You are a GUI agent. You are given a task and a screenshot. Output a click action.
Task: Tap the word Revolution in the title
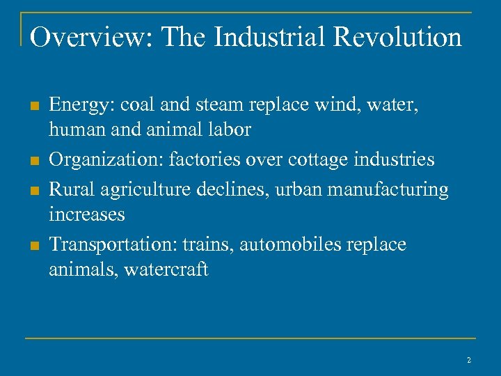[398, 37]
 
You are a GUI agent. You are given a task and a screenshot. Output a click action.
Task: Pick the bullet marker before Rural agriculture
[33, 190]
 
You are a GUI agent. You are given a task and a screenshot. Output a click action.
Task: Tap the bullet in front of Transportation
[33, 246]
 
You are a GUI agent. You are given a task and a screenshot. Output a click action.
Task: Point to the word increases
[87, 214]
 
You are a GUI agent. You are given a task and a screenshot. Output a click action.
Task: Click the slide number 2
[469, 360]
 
